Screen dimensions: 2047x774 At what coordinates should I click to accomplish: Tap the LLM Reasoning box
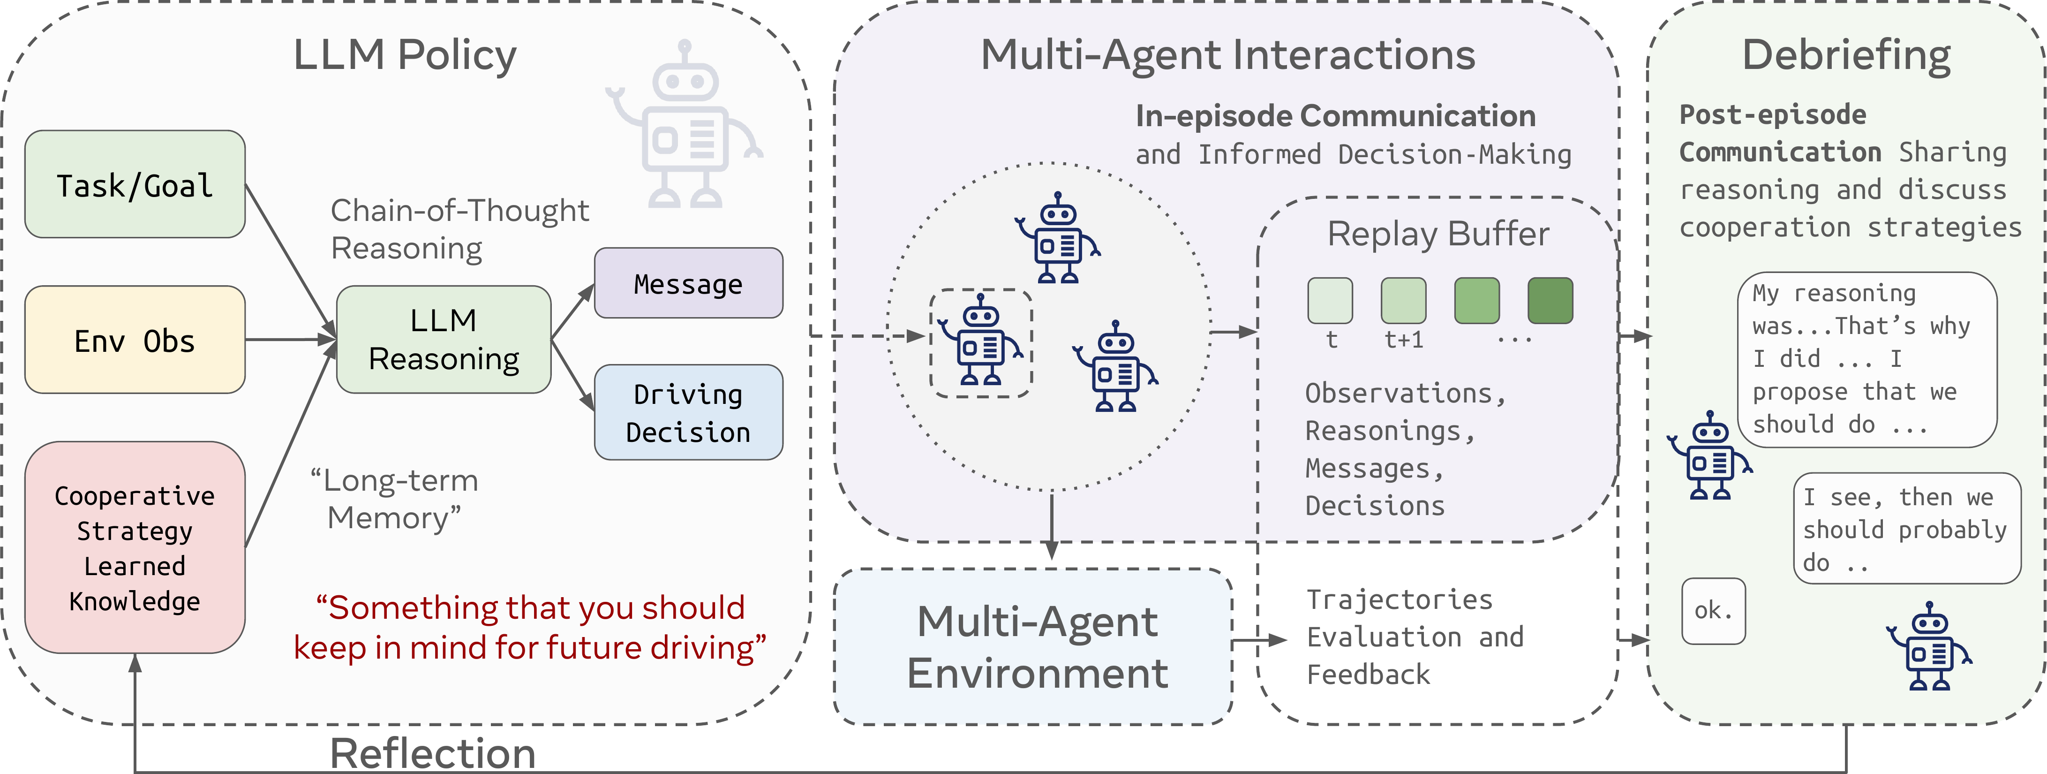444,339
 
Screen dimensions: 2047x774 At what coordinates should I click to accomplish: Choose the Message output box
688,283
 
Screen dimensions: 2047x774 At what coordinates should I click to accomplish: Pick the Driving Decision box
688,412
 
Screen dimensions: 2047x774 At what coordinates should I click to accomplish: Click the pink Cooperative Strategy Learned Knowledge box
135,547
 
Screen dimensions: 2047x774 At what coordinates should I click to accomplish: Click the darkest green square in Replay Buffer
1550,300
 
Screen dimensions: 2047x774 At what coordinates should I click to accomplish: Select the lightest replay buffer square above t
1330,300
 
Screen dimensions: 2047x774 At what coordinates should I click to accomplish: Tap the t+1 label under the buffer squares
1404,340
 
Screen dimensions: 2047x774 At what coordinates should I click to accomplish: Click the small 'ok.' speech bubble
1713,611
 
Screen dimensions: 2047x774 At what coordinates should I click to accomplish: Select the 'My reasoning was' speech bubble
1867,360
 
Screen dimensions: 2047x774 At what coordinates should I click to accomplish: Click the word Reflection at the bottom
433,752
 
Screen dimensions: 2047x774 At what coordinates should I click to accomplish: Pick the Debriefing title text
1846,56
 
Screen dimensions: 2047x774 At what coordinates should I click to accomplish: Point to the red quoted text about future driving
530,628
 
